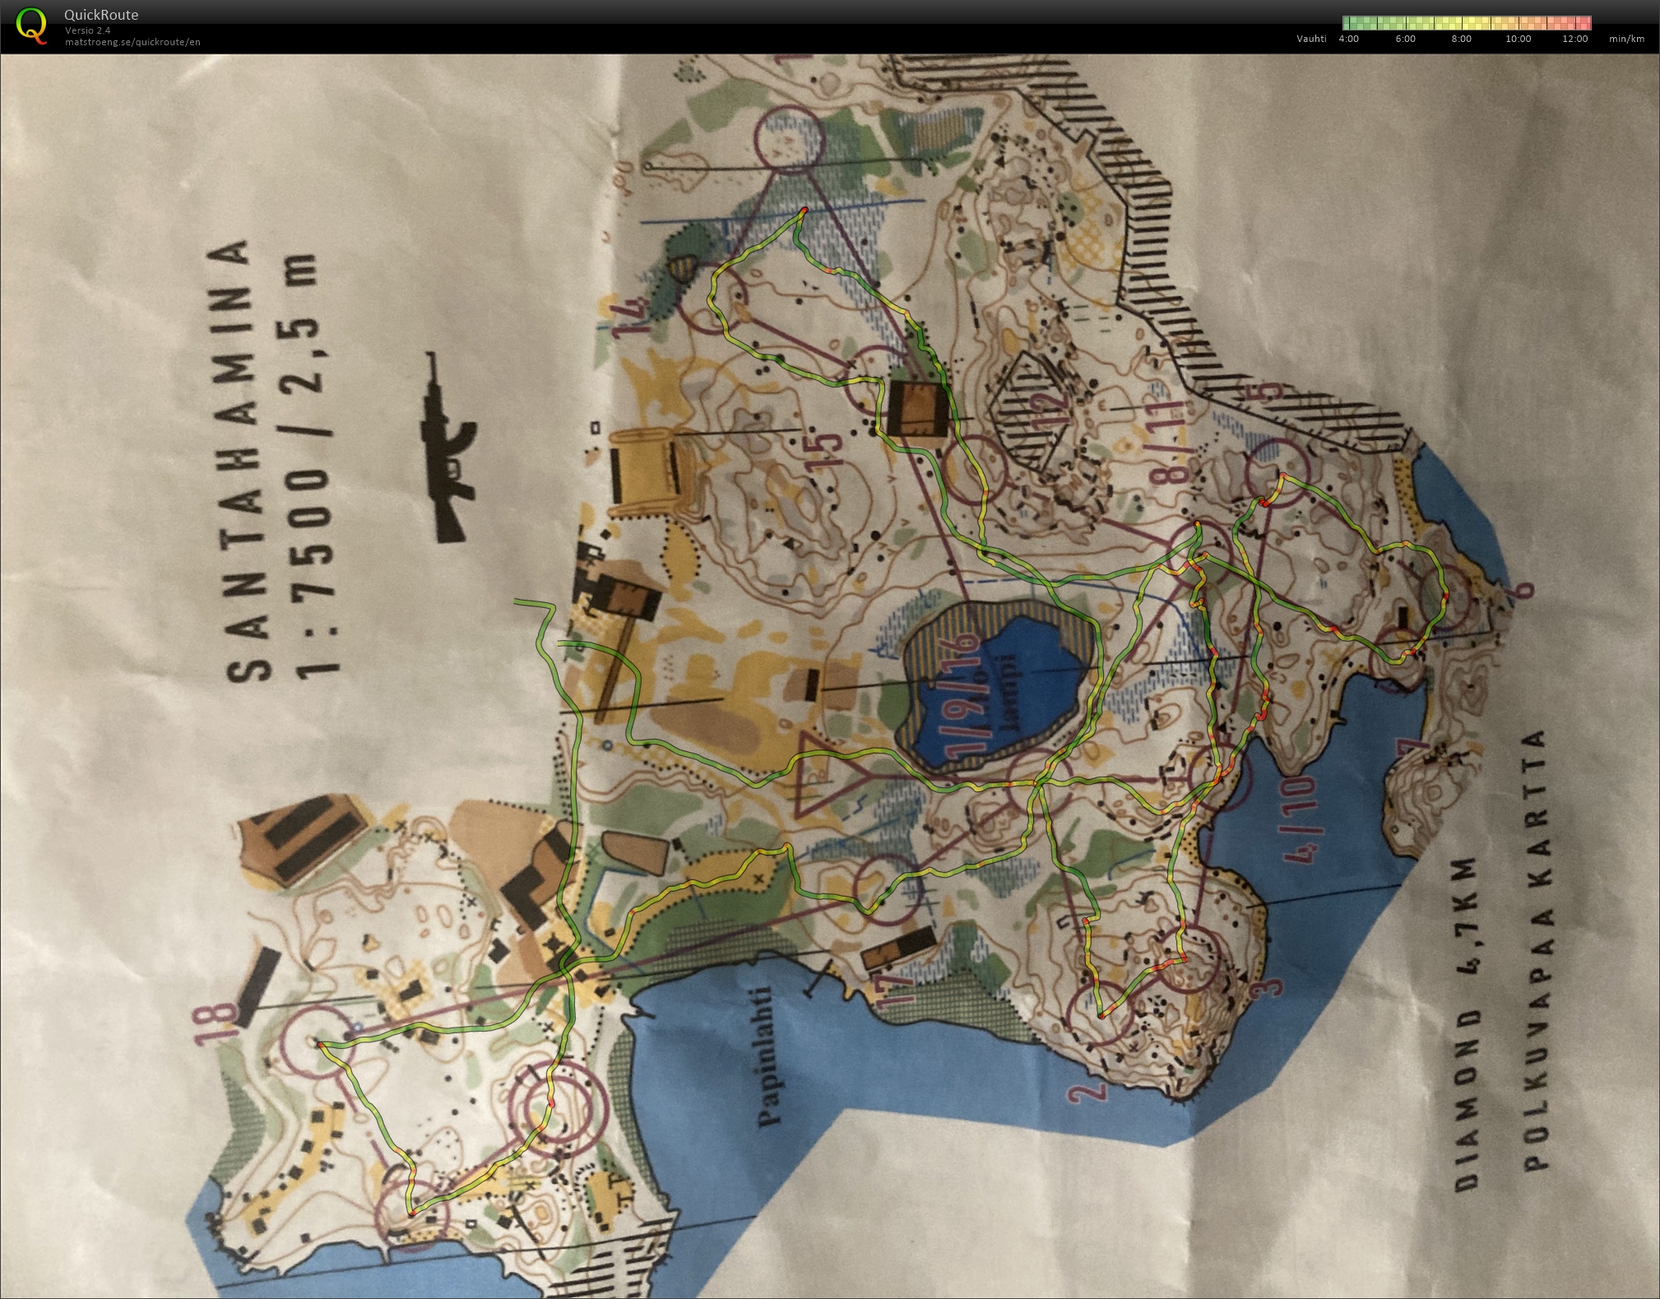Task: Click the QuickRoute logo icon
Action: click(31, 25)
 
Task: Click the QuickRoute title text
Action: click(101, 15)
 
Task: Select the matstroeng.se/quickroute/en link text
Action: click(132, 42)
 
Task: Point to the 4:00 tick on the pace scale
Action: click(1349, 39)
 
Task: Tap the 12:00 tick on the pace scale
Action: click(1574, 39)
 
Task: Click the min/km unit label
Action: click(1626, 39)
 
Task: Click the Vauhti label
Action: click(1311, 39)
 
